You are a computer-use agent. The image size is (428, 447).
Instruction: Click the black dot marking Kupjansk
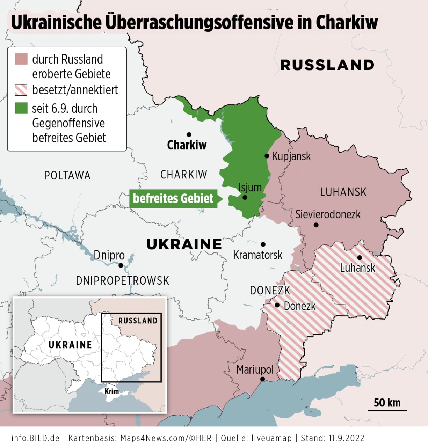tap(267, 156)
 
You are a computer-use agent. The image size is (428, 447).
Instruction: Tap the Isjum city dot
tap(245, 197)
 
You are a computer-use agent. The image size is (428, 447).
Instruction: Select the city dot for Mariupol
tap(262, 379)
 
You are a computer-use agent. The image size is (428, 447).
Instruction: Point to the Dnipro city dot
tap(121, 265)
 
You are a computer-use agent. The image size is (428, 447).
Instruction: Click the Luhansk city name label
tap(357, 268)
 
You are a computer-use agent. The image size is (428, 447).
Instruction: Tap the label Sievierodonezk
tap(328, 214)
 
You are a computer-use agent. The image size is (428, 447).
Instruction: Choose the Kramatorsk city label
tap(257, 255)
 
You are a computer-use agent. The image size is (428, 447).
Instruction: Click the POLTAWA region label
tap(67, 175)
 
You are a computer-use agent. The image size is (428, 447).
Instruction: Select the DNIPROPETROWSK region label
tap(122, 280)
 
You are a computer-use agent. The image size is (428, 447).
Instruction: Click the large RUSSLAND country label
tap(327, 65)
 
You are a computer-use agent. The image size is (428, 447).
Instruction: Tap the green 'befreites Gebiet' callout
tap(174, 198)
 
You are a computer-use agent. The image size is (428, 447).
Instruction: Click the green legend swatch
tap(21, 108)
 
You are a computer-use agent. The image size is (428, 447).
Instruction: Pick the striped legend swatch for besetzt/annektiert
tap(21, 90)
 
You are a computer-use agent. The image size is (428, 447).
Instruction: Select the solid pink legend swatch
tap(21, 59)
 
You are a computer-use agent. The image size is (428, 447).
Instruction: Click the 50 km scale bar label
tap(387, 403)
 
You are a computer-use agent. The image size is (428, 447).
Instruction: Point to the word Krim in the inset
tap(112, 391)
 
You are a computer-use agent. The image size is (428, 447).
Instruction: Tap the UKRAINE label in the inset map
tap(70, 345)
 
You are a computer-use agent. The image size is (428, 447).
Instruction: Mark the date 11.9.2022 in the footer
tap(346, 438)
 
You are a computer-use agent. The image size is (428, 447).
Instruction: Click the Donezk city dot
tap(277, 305)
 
